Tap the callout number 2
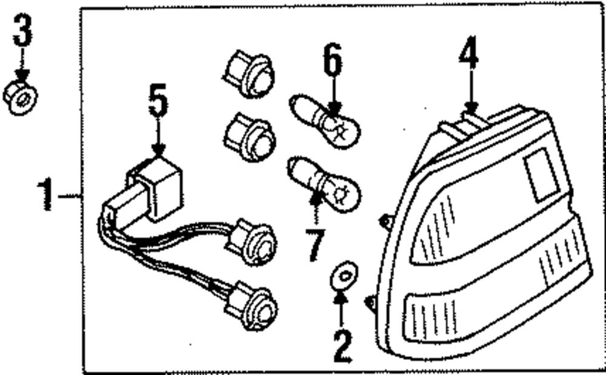pos(341,347)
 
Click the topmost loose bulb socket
pos(250,75)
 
